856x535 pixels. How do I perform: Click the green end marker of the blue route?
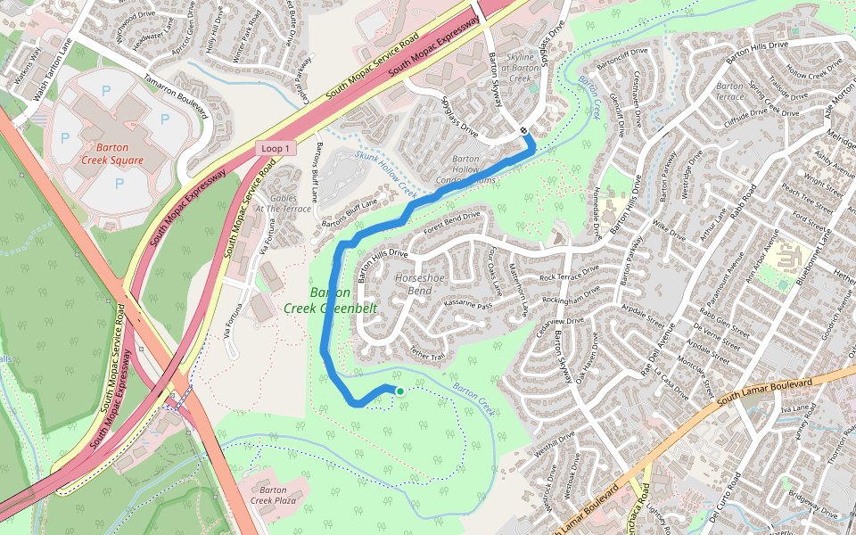[x=399, y=391]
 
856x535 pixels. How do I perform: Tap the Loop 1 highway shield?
[x=275, y=148]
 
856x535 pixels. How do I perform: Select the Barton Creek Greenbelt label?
[x=331, y=300]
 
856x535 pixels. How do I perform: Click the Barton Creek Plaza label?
[x=273, y=495]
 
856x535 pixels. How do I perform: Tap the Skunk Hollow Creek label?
[x=387, y=174]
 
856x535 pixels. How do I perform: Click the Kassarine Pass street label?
[x=467, y=305]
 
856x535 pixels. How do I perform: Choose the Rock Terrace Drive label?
[x=569, y=276]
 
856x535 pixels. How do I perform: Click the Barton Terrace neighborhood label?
[x=729, y=91]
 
